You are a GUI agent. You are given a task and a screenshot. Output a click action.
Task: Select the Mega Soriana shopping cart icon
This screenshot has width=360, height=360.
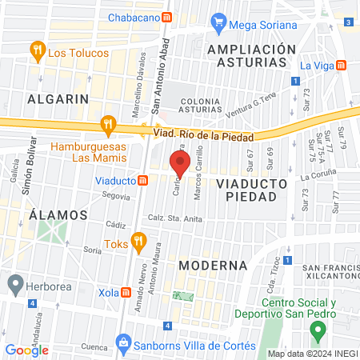(x=218, y=24)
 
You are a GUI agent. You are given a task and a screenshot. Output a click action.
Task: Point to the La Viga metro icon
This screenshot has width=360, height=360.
(x=342, y=65)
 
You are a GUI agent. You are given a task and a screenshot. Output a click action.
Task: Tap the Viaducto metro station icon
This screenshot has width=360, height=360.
(x=142, y=180)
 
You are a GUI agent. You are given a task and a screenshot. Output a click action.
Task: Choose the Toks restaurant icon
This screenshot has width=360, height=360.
(x=139, y=240)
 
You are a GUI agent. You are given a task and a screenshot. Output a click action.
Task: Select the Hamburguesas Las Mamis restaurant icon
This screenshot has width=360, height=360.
(x=106, y=124)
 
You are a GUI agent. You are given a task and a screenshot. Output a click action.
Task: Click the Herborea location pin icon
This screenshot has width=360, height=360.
(x=15, y=283)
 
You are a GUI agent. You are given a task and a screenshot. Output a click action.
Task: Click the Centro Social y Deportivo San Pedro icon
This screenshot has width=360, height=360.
(x=273, y=305)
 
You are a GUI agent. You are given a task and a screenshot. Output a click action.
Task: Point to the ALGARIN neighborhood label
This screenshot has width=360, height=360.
(x=57, y=98)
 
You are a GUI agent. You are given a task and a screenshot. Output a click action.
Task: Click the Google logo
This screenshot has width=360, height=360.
(x=27, y=350)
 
